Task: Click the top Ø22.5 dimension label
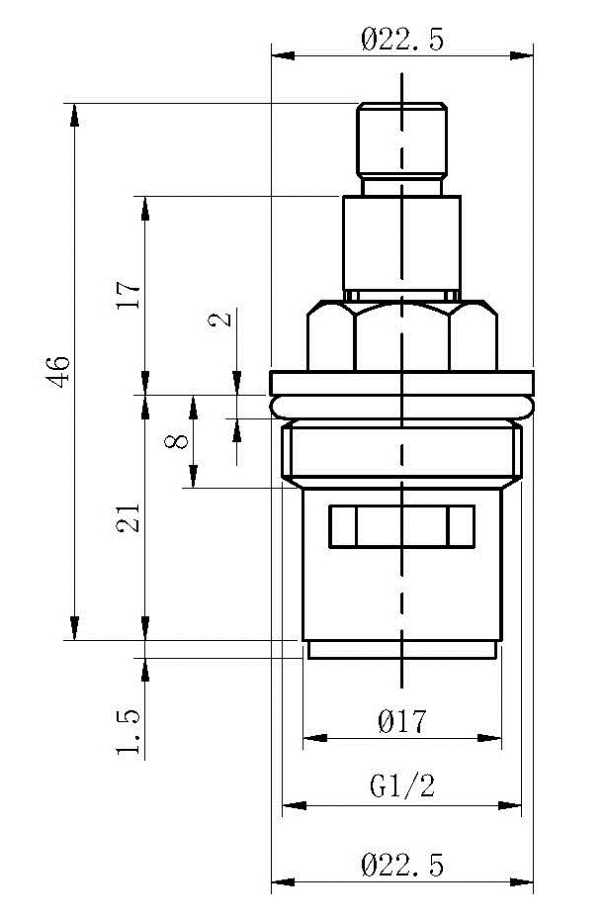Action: coord(402,40)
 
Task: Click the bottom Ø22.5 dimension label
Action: coord(402,866)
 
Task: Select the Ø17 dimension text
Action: coord(402,721)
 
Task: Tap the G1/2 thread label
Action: coord(402,785)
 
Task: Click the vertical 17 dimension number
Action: coord(130,296)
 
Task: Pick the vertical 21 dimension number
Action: coord(130,517)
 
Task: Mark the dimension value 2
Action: coord(220,320)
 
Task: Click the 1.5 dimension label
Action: coord(130,732)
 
